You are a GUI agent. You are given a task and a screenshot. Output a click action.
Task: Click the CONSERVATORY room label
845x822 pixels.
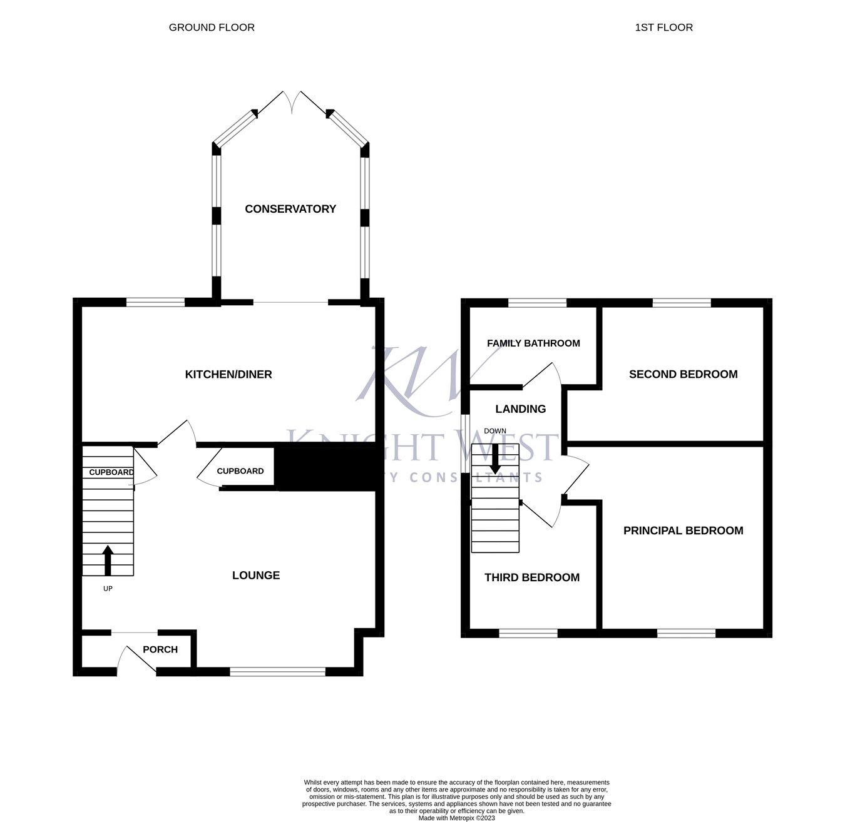[290, 209]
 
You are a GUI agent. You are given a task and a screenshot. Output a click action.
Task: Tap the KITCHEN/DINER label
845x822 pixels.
[228, 374]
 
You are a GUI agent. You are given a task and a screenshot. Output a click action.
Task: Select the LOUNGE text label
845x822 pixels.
[256, 575]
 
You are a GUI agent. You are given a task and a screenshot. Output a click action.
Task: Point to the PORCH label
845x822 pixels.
[160, 649]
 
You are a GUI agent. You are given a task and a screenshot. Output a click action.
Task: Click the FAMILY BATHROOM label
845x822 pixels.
[533, 343]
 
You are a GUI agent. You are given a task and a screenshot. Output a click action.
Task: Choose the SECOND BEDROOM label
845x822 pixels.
[683, 374]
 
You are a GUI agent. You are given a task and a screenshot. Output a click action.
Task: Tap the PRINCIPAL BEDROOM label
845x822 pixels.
[683, 530]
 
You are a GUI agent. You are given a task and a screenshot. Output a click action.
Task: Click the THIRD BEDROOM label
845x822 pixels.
[532, 577]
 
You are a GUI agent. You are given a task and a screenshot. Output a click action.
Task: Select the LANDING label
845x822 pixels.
[520, 408]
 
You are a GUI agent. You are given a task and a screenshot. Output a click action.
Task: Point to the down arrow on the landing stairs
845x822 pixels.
[495, 459]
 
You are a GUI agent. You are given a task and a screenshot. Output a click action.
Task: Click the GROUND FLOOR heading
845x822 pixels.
[212, 28]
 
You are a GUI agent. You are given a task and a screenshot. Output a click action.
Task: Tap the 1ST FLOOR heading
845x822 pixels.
[663, 28]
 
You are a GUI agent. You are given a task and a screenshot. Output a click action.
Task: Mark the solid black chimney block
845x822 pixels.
[325, 466]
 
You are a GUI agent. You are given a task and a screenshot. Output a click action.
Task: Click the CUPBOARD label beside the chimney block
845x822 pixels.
[240, 471]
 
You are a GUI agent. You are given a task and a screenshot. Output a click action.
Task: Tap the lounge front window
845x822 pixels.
[277, 672]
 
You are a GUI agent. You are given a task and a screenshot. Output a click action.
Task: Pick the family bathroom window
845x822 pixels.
[537, 303]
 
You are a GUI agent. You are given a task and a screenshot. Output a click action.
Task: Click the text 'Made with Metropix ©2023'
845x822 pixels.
[456, 818]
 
